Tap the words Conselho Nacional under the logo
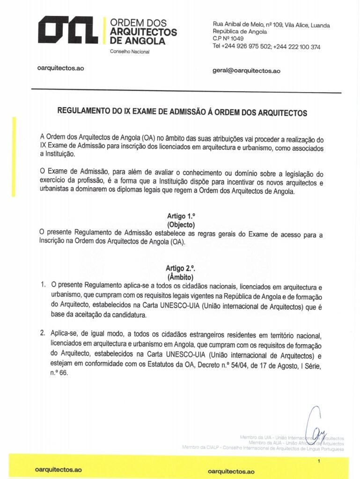(x=129, y=51)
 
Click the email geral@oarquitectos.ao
(x=246, y=71)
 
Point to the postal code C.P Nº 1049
(x=228, y=39)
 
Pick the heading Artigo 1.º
(x=180, y=216)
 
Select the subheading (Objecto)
(x=180, y=224)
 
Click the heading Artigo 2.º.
(x=180, y=269)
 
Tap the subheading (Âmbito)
(x=180, y=277)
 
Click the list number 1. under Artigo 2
(x=43, y=284)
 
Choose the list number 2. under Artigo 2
(x=43, y=334)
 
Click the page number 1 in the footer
(x=318, y=462)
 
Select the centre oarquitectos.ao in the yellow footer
(x=231, y=472)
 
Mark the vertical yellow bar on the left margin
(x=14, y=157)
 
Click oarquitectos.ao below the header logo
(x=60, y=68)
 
